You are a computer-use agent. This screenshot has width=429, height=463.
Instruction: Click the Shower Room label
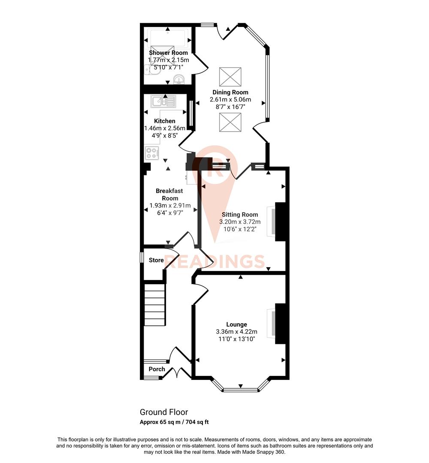coord(168,53)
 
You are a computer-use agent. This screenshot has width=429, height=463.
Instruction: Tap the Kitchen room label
coord(165,121)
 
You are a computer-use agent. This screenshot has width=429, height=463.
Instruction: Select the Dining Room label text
coord(230,92)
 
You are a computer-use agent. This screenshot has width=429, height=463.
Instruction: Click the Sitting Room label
coord(240,214)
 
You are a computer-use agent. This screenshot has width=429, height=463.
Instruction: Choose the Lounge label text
coord(236,324)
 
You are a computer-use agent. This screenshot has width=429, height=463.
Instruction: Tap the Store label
coord(156,260)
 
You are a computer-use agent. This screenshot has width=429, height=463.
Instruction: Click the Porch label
coord(157,369)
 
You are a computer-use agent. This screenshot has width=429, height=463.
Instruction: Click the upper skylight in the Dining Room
coord(230,77)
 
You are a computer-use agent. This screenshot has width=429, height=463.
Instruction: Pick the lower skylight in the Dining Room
coord(230,123)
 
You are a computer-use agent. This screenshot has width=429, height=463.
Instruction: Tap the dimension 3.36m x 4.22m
coord(236,331)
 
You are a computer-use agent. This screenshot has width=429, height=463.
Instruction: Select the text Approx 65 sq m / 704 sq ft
coord(174,422)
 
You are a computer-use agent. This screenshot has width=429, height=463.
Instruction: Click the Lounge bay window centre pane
coord(240,390)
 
